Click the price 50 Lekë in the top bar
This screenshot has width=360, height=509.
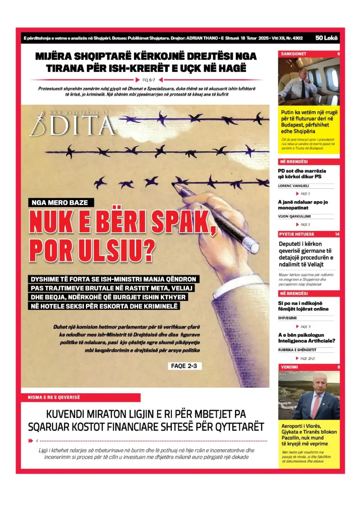tap(326, 38)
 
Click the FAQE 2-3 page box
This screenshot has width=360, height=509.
tap(184, 366)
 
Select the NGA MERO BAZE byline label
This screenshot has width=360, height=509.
tap(60, 203)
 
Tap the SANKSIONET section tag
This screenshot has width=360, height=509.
tap(294, 54)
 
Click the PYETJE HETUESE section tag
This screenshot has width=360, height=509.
tap(297, 234)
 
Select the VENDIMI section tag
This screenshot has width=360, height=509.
tap(289, 367)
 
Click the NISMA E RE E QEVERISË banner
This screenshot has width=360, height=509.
tap(54, 397)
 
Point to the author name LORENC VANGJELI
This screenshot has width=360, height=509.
tap(294, 186)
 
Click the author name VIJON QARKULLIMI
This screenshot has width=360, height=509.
tap(294, 216)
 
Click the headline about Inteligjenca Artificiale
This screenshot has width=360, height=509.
tap(307, 338)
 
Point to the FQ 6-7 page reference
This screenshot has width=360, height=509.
tap(149, 80)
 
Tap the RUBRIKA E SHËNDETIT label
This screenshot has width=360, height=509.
tap(297, 350)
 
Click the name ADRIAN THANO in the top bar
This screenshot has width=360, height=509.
tap(202, 38)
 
